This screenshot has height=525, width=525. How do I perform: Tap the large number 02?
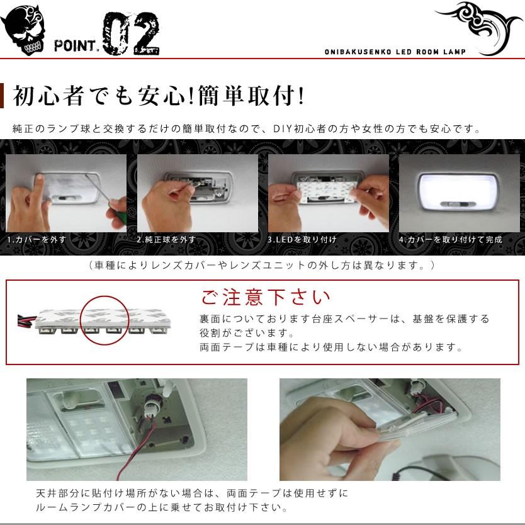tap(130, 35)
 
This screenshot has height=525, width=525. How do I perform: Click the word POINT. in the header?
tap(76, 46)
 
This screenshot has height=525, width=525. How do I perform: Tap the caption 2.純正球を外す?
tap(166, 240)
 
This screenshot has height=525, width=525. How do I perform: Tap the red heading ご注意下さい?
tap(265, 296)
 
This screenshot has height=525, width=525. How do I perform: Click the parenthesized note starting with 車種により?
tap(262, 265)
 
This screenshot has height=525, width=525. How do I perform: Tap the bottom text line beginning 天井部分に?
tap(191, 493)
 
